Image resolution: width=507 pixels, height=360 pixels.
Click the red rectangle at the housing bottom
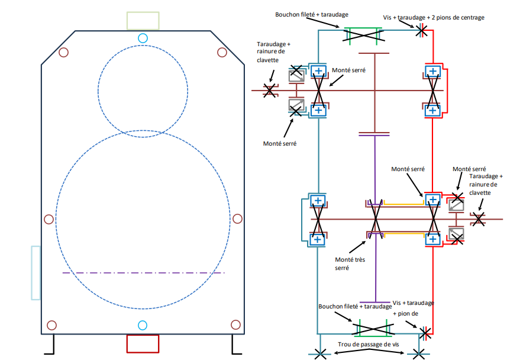[x=143, y=344]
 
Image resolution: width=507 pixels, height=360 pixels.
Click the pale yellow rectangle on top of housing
[x=143, y=21]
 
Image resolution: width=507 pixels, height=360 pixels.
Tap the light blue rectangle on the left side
[x=36, y=272]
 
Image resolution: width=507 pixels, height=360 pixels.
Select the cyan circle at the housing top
[x=142, y=38]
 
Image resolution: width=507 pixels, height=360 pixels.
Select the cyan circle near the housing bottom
[x=142, y=325]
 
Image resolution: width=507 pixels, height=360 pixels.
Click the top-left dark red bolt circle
[x=64, y=52]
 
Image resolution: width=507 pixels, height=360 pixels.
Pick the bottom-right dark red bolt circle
[x=235, y=324]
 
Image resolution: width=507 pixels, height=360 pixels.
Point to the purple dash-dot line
[x=143, y=273]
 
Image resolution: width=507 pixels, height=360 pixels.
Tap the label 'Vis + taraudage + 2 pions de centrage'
[x=433, y=18]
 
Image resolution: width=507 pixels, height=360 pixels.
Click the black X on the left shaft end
[x=270, y=90]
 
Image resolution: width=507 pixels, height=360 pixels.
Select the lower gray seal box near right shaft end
[x=456, y=234]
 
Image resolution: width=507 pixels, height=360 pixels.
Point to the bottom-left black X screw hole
[x=320, y=353]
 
